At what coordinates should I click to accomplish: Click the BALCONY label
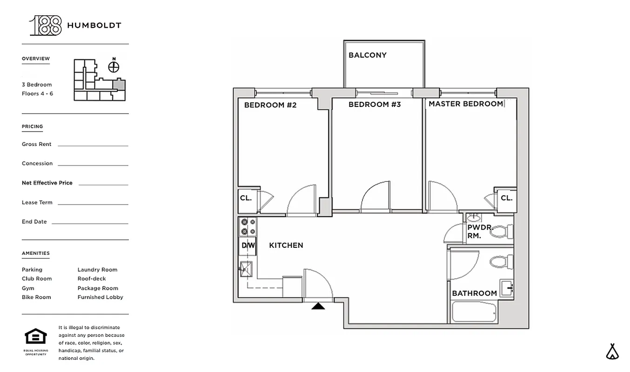pyautogui.click(x=367, y=55)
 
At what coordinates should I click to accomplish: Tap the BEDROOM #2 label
pyautogui.click(x=270, y=105)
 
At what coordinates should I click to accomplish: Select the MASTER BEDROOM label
pyautogui.click(x=465, y=104)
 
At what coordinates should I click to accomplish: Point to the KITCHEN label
pyautogui.click(x=286, y=245)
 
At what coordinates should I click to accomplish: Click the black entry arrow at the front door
pyautogui.click(x=318, y=306)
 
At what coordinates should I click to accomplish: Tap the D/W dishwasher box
pyautogui.click(x=248, y=246)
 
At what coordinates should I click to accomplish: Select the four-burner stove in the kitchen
pyautogui.click(x=248, y=226)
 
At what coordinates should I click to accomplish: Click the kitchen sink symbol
pyautogui.click(x=245, y=268)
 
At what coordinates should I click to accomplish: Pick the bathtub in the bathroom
pyautogui.click(x=475, y=312)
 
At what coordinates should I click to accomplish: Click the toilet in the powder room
pyautogui.click(x=502, y=231)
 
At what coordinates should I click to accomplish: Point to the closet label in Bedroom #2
pyautogui.click(x=246, y=198)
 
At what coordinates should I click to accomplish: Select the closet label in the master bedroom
pyautogui.click(x=506, y=198)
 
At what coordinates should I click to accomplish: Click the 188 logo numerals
pyautogui.click(x=46, y=26)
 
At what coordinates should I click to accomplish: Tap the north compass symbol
pyautogui.click(x=114, y=66)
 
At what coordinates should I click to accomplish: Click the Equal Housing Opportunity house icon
pyautogui.click(x=36, y=337)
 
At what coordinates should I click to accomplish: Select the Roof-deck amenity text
pyautogui.click(x=92, y=279)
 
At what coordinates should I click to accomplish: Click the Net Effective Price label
pyautogui.click(x=47, y=183)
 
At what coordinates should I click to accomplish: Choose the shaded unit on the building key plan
pyautogui.click(x=120, y=85)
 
